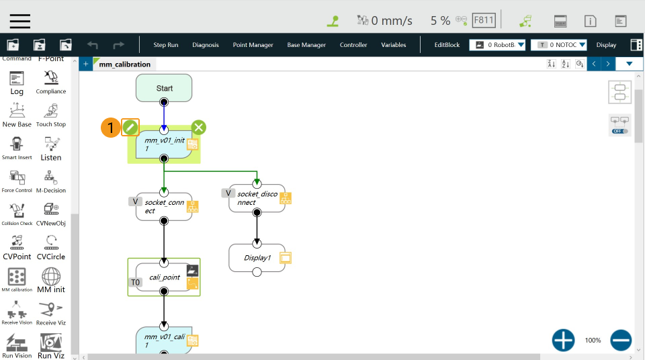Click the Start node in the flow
[x=164, y=88]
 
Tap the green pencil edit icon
[x=130, y=127]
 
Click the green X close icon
[x=199, y=127]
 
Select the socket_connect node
[x=164, y=206]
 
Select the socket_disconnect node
[x=257, y=198]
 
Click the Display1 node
[x=257, y=258]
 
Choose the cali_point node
[x=164, y=277]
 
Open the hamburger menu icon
[x=19, y=21]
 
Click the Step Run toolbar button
[x=166, y=45]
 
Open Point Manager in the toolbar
[x=253, y=45]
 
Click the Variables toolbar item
[x=393, y=45]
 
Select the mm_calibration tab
[x=124, y=64]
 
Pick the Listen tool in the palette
[x=51, y=148]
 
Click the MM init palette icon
[x=51, y=280]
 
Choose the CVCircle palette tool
[x=51, y=246]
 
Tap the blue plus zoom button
[x=563, y=341]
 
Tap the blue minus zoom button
[x=621, y=341]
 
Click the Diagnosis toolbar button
[x=206, y=45]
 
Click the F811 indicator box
[x=484, y=20]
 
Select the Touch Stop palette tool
[x=51, y=115]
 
